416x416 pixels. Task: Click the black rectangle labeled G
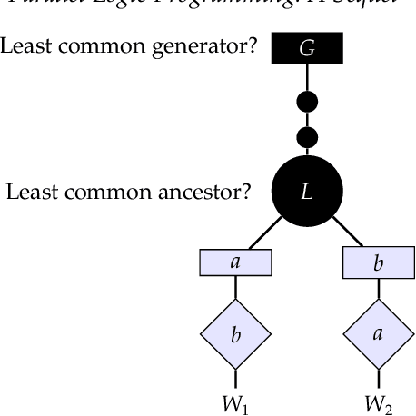tap(308, 49)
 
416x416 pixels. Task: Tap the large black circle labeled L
tap(308, 192)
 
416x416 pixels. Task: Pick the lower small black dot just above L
tap(308, 138)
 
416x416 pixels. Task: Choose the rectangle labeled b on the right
tap(379, 263)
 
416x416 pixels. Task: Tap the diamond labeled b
tap(236, 334)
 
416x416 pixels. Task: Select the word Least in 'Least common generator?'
tap(24, 45)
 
